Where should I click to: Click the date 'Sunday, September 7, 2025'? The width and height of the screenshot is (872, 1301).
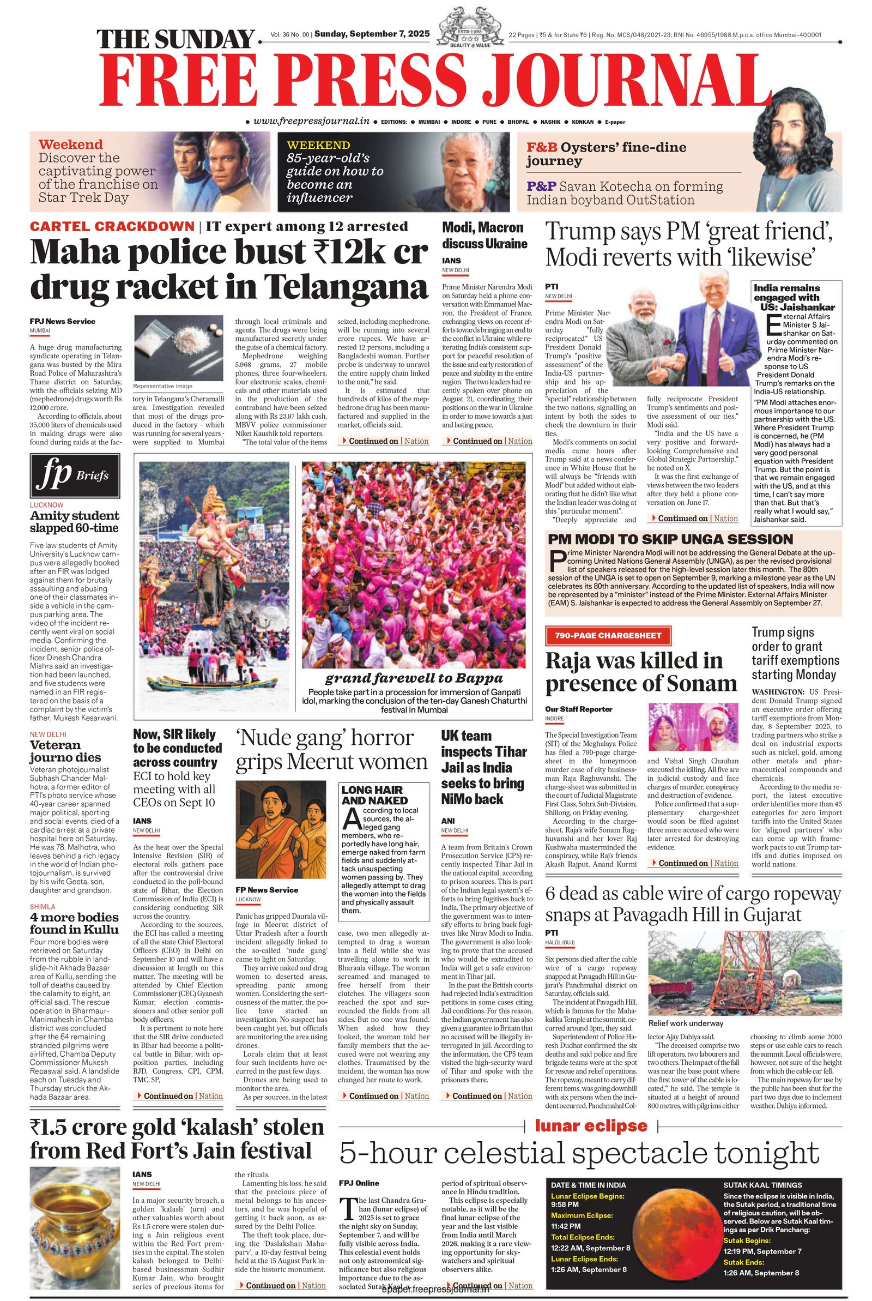[372, 34]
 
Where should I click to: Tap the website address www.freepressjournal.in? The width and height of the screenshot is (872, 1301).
[311, 121]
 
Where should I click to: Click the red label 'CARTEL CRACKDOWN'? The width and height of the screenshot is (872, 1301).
[112, 226]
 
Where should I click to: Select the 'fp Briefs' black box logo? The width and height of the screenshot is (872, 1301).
[75, 475]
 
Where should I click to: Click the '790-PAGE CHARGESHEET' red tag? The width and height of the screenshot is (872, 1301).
[608, 635]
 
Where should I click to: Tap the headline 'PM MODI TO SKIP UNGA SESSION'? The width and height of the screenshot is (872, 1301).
[670, 539]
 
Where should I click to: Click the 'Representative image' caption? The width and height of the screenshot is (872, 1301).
[163, 386]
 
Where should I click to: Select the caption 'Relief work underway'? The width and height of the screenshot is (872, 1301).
[685, 1023]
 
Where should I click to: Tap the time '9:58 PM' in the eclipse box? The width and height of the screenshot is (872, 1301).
[566, 1205]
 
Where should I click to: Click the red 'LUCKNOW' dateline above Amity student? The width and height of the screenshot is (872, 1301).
[47, 505]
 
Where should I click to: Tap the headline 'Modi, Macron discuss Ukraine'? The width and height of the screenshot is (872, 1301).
[484, 235]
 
